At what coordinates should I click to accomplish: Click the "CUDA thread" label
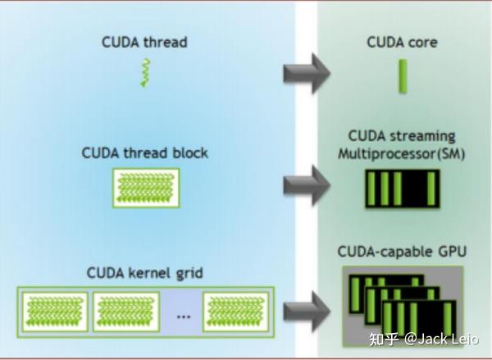(144, 42)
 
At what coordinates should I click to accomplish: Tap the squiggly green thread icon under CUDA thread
(144, 74)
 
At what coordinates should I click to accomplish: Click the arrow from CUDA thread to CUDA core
(306, 73)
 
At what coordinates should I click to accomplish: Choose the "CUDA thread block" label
(144, 153)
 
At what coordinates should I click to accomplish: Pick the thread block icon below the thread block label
(144, 188)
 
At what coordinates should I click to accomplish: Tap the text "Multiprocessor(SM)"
(402, 153)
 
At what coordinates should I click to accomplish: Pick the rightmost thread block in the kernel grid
(235, 312)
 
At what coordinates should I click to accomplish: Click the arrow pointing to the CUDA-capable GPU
(306, 311)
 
